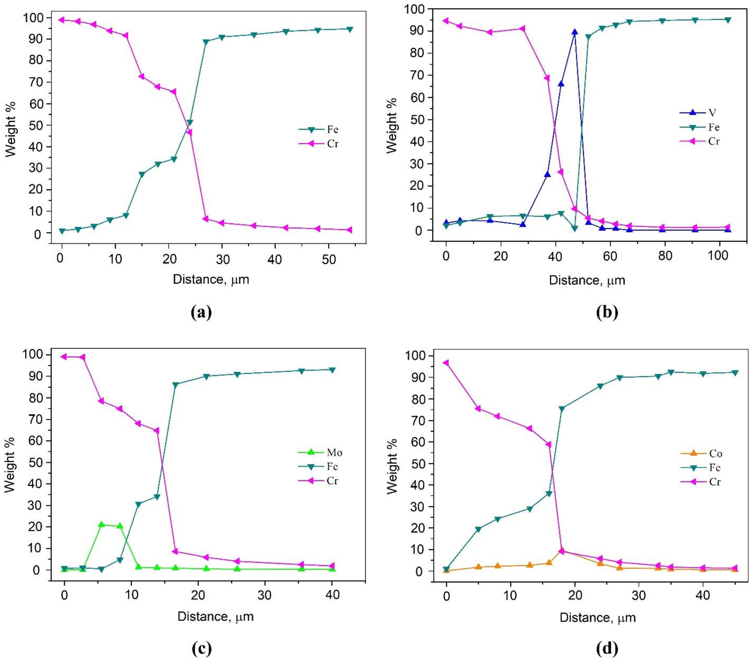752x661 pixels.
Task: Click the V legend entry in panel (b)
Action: [x=701, y=113]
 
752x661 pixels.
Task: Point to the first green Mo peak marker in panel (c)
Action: [x=101, y=524]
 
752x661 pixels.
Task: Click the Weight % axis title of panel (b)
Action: [x=392, y=125]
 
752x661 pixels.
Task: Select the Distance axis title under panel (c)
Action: [x=216, y=616]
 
